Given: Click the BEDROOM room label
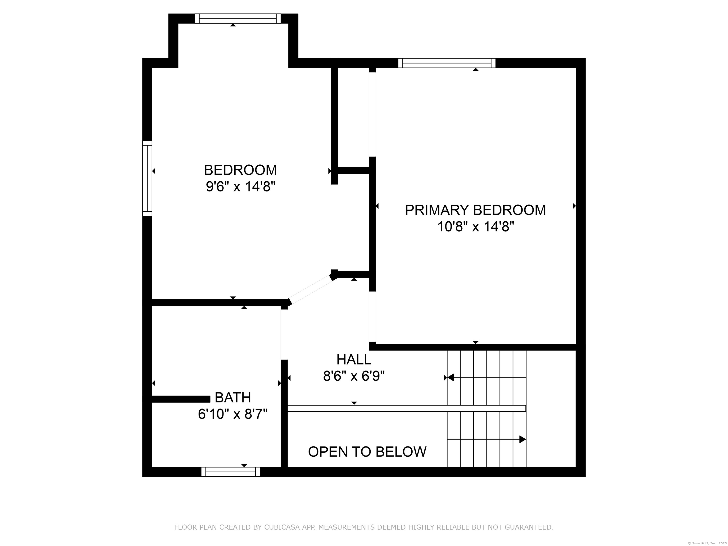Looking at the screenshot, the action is coord(241,170).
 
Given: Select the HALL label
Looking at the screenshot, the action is coord(354,359).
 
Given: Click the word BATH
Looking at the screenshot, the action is coord(233,398).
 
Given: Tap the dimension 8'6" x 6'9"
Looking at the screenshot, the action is coord(354,376).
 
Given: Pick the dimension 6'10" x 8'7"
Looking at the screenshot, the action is coord(233,414).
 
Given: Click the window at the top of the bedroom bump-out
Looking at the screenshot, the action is coord(238,18).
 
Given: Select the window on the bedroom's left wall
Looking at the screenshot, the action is coord(147,178).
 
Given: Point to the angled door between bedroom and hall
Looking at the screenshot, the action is coord(311,290).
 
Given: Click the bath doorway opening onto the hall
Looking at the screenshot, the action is coord(284,334).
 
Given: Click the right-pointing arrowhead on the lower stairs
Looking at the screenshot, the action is coord(523,439).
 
